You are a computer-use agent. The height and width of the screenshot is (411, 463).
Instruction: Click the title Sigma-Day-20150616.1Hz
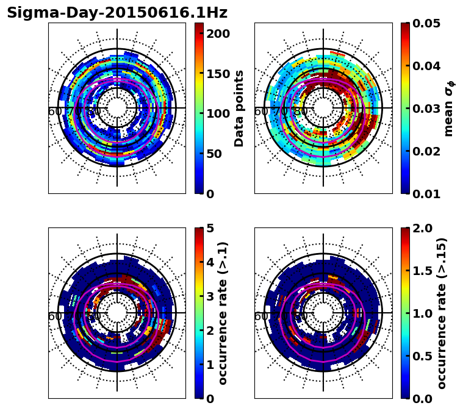117,13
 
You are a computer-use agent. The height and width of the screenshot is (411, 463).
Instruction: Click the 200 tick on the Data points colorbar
218,34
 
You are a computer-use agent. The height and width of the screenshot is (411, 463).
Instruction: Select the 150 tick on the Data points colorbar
218,74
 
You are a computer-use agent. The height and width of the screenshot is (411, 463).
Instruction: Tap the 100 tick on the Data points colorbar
218,113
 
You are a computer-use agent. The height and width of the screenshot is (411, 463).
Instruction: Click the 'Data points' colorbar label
239,109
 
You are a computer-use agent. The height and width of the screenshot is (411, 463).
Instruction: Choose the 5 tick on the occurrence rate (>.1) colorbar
209,228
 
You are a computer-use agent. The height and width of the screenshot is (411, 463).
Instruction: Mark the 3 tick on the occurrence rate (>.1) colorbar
209,296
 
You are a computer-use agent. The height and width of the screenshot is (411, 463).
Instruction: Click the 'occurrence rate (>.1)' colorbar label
223,313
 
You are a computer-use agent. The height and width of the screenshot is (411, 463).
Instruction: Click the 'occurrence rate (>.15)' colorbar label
442,313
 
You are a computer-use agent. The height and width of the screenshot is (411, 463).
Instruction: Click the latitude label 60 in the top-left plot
54,112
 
